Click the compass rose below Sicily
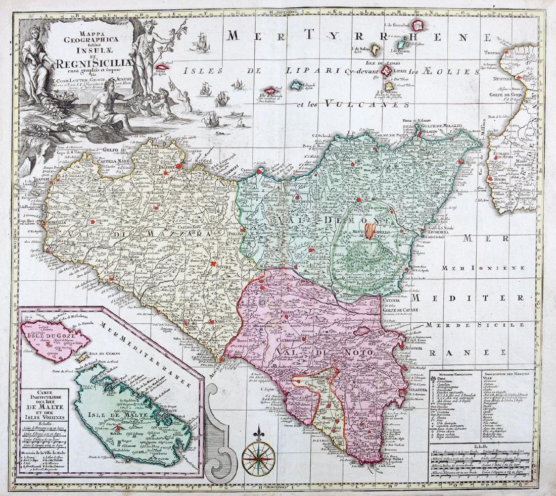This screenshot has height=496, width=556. (258, 458)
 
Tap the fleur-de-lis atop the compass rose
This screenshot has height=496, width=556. (258, 433)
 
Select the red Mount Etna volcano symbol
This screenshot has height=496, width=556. (372, 230)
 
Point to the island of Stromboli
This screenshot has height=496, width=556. (418, 25)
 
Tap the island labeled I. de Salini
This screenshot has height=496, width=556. (376, 50)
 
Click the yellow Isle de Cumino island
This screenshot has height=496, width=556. (81, 357)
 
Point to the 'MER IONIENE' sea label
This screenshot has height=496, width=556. (464, 267)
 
